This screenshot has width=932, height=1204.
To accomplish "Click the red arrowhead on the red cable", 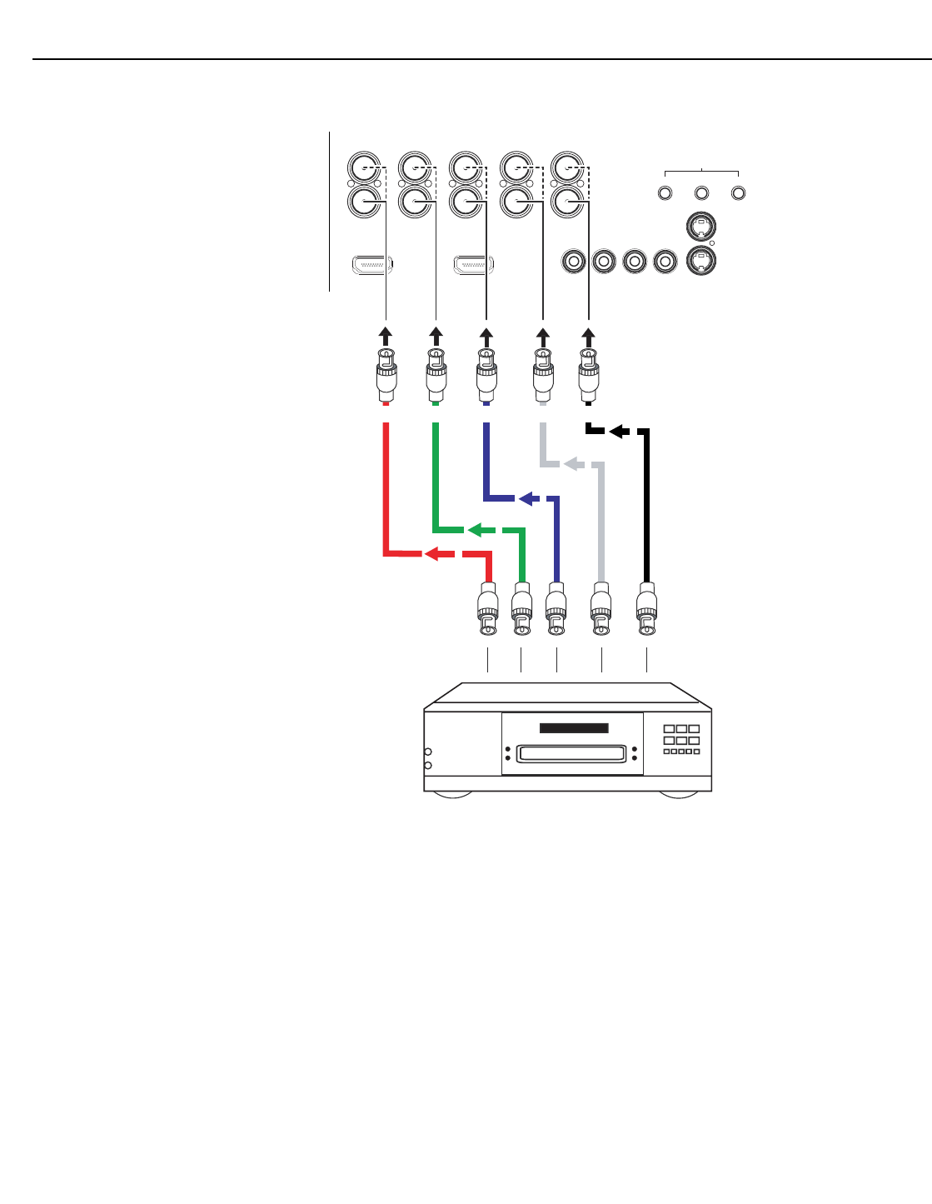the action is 431,554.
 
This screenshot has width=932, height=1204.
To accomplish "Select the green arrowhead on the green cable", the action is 475,530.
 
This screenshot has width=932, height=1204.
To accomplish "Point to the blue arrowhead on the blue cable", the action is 526,498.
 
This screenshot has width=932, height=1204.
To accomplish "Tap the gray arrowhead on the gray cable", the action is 571,463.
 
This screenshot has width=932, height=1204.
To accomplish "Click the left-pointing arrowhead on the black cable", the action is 618,431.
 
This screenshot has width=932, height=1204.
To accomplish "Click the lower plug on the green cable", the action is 521,612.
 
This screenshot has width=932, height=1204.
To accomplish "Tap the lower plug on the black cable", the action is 646,612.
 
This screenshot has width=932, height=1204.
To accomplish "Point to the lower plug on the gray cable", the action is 601,612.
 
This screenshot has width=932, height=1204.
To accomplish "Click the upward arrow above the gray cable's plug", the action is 543,337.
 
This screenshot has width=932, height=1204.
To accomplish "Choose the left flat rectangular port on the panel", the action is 372,266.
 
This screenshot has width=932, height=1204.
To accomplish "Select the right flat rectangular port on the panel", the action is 473,266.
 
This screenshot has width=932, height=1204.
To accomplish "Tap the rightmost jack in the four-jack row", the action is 665,262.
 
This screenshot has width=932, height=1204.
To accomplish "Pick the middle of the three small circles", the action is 701,193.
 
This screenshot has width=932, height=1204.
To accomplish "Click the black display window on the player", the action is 574,727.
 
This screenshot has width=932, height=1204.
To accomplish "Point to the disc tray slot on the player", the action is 571,754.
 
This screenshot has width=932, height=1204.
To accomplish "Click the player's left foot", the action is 451,795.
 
